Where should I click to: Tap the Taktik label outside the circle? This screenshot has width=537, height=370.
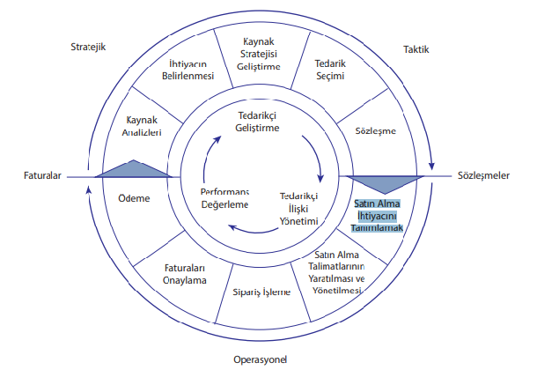(x=416, y=49)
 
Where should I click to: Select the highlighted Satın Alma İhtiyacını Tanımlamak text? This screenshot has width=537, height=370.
(x=378, y=215)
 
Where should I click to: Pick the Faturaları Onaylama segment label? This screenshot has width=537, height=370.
(x=185, y=274)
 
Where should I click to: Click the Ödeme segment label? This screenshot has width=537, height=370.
(x=134, y=198)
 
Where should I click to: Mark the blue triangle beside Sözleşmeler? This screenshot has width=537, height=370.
(x=382, y=183)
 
